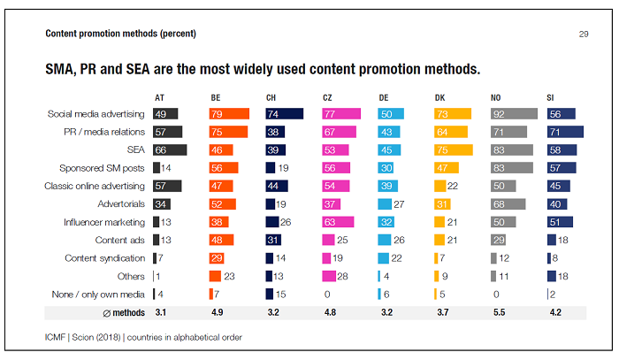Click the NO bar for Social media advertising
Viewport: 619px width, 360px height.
pos(514,114)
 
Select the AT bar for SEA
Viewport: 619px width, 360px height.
pos(170,150)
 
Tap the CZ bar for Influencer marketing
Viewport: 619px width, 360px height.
pos(338,222)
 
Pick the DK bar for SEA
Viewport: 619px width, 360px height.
pos(454,150)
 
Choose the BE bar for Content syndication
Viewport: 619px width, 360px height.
pos(219,258)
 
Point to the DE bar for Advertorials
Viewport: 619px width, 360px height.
pos(383,204)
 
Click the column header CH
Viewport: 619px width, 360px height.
pos(271,96)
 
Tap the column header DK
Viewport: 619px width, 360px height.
pos(440,96)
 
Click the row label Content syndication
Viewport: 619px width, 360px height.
pos(106,258)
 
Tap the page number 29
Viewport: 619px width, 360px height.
pos(584,34)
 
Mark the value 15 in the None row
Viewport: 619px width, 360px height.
pos(282,294)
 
